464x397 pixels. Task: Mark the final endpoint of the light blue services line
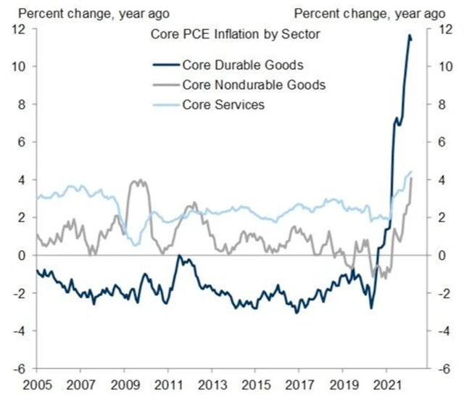(x=411, y=172)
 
